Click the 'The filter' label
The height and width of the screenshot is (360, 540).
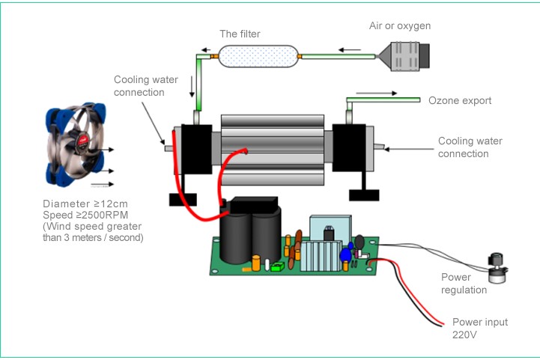pyautogui.click(x=240, y=34)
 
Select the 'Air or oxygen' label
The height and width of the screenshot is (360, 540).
pyautogui.click(x=400, y=25)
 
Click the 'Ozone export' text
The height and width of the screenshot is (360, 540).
pyautogui.click(x=460, y=100)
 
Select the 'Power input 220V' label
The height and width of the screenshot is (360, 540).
pyautogui.click(x=480, y=329)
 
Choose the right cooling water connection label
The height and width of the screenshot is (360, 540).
pyautogui.click(x=470, y=147)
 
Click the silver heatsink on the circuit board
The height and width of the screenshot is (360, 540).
pyautogui.click(x=318, y=251)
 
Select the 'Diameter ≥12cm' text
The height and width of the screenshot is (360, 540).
pyautogui.click(x=83, y=204)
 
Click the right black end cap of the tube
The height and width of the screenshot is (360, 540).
pyautogui.click(x=349, y=150)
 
